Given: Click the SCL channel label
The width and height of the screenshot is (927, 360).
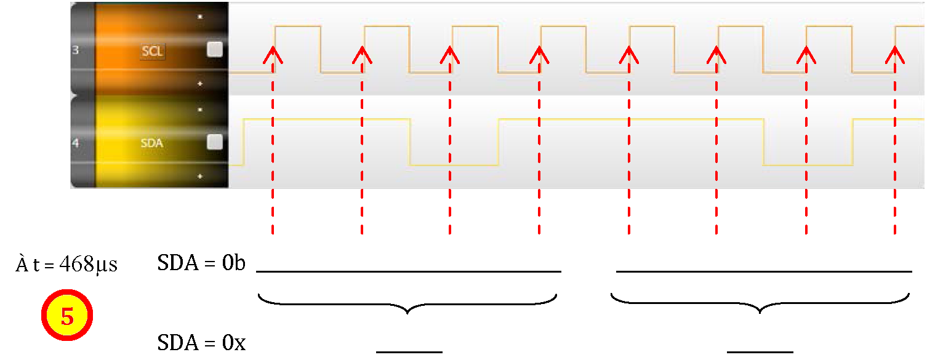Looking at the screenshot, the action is pos(152,51).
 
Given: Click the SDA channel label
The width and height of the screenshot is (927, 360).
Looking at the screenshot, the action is pos(152,143).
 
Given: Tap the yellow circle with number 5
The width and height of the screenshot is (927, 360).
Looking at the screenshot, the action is pos(67,315).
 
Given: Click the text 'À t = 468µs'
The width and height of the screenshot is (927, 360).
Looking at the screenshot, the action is pos(66,263).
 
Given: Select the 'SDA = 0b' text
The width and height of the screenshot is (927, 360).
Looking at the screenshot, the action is pos(201,263).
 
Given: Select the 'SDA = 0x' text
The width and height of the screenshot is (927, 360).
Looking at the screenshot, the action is pos(201,343).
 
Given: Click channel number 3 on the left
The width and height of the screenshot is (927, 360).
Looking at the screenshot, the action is pos(76,50).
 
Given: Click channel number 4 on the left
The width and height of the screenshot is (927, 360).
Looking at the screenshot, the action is pos(76,143).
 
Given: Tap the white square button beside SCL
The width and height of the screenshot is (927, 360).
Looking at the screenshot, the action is pos(214,50).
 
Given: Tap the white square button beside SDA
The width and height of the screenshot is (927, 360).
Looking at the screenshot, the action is pos(214,142).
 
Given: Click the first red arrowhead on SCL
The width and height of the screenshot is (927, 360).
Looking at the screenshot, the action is pos(273,55).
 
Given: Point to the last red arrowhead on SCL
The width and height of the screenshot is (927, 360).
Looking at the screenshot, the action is pos(895,55).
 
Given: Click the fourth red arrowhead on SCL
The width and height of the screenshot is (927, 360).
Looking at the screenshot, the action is pos(539,55).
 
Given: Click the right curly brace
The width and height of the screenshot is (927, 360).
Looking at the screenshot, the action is pos(760,303).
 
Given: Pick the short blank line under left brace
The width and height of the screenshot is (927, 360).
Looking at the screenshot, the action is pos(409,352).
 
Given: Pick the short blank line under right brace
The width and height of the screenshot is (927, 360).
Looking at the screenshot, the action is pos(760,352).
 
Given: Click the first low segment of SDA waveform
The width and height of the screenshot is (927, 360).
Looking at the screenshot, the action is pos(454,165).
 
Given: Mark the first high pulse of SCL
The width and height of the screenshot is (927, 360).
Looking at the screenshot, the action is pos(298,26).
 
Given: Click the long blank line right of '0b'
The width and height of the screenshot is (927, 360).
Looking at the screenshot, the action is pos(409,271).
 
